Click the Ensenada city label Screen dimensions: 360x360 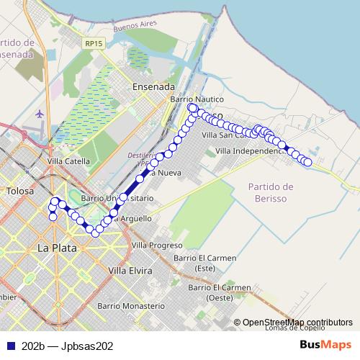click(154, 86)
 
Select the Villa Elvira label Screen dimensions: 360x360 click(130, 271)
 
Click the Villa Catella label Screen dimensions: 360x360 click(68, 161)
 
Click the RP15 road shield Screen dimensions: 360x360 click(93, 44)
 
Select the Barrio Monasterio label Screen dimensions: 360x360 click(134, 306)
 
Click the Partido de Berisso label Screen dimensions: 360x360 click(267, 192)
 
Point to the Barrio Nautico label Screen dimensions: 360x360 click(197, 99)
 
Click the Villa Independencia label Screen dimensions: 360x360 click(248, 151)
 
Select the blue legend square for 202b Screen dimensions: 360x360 click(11, 346)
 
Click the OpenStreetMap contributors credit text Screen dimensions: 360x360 click(297, 323)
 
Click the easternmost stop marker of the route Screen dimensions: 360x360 click(307, 162)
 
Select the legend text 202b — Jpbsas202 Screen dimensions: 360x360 click(67, 346)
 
